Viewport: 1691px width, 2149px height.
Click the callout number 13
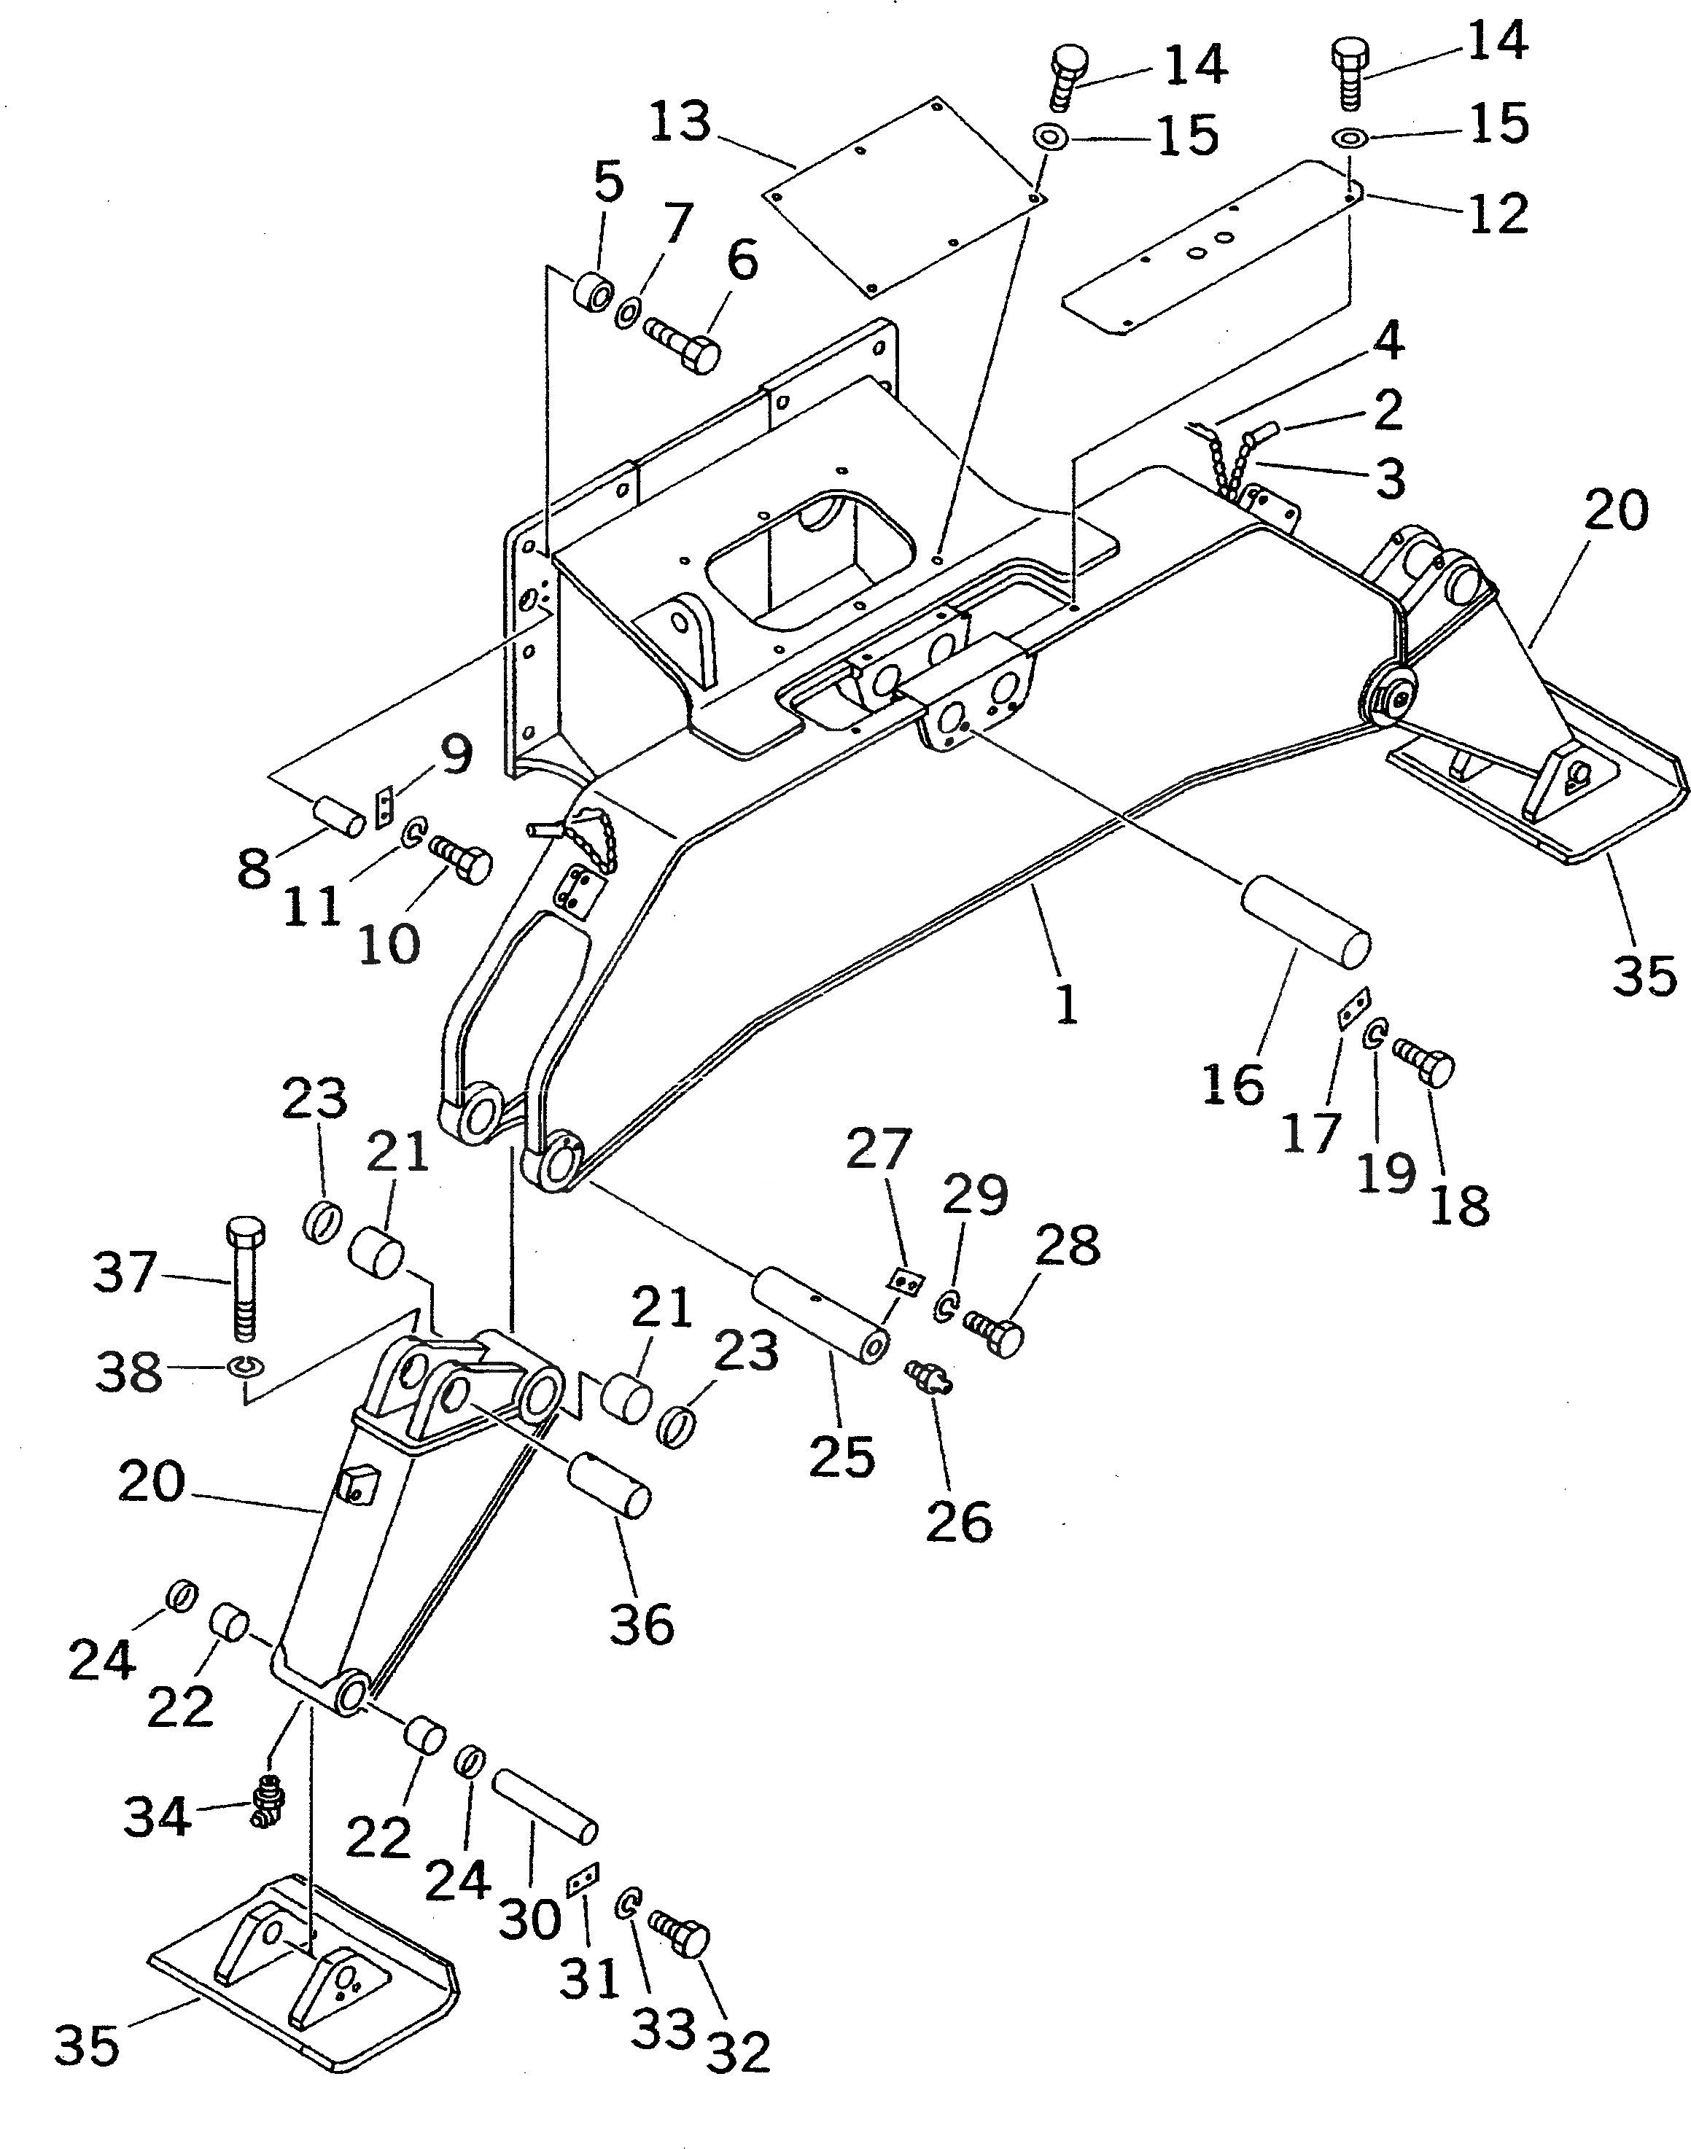tap(680, 122)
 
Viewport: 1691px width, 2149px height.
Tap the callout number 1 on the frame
tap(1065, 1005)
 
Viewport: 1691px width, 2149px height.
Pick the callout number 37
tap(125, 1272)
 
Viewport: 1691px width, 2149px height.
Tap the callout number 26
tap(958, 1521)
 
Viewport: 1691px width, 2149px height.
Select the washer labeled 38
tap(241, 1366)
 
